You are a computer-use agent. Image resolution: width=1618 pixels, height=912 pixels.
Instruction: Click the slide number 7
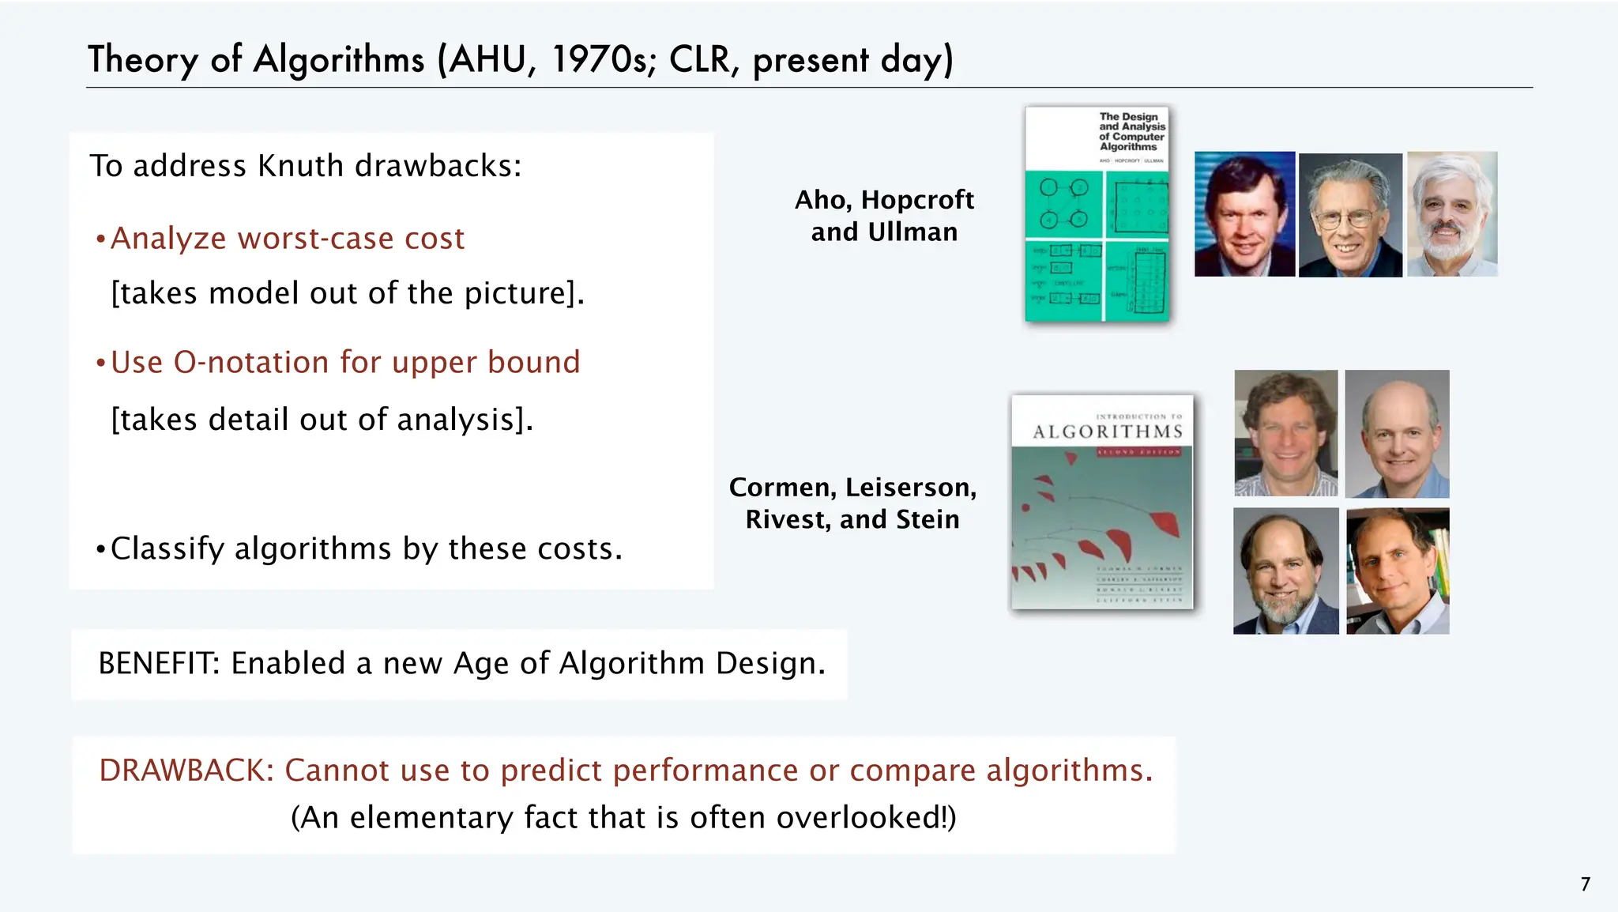1585,884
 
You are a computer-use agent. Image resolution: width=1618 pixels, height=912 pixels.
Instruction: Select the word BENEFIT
158,663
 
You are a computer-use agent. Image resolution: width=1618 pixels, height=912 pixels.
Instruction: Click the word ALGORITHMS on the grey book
1108,432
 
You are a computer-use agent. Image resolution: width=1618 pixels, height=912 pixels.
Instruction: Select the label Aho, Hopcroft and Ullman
884,216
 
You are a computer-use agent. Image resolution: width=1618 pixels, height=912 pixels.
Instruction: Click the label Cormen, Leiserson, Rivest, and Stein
852,503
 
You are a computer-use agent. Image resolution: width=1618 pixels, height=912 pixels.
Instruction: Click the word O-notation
251,362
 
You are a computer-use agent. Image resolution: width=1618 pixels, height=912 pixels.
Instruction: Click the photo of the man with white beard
1452,214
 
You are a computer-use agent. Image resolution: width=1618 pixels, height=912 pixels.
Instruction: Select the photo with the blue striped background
1244,214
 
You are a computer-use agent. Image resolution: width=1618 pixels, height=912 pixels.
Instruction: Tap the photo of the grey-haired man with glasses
1350,215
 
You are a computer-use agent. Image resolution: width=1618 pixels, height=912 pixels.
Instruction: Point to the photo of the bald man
1397,434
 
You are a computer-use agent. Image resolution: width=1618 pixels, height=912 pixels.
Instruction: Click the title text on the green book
1131,131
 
